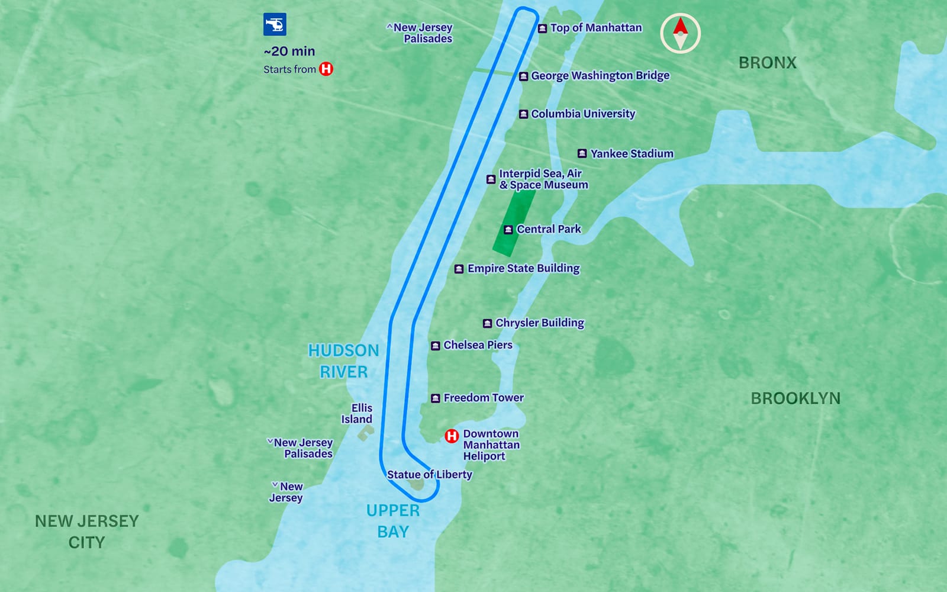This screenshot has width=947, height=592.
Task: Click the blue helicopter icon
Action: pyautogui.click(x=275, y=24)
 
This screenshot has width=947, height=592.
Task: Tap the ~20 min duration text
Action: pyautogui.click(x=289, y=52)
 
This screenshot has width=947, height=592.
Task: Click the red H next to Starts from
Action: pyautogui.click(x=326, y=69)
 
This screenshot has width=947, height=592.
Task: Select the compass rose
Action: pyautogui.click(x=680, y=33)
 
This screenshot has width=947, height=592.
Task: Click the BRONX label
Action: pyautogui.click(x=767, y=63)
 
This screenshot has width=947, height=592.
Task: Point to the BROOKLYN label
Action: pyautogui.click(x=795, y=398)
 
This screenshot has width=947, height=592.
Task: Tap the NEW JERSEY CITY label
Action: pyautogui.click(x=86, y=531)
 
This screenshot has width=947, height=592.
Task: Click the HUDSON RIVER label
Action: pyautogui.click(x=343, y=361)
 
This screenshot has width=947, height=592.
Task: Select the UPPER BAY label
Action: pyautogui.click(x=393, y=521)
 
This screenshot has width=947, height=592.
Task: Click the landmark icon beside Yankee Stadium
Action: pyautogui.click(x=582, y=153)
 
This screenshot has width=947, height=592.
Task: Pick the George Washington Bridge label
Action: pyautogui.click(x=600, y=76)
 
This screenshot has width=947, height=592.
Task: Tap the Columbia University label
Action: pyautogui.click(x=582, y=114)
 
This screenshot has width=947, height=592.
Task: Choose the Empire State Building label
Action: pyautogui.click(x=523, y=268)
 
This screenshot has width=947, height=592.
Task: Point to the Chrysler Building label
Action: pyautogui.click(x=539, y=323)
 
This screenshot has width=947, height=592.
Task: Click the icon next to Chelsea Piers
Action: pyautogui.click(x=435, y=346)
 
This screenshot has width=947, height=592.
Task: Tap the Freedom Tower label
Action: pyautogui.click(x=483, y=398)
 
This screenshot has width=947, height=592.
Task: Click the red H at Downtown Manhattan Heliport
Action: pyautogui.click(x=452, y=436)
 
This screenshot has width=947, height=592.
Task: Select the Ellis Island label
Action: pyautogui.click(x=357, y=413)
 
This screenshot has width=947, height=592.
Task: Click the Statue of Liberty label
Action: pyautogui.click(x=429, y=474)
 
